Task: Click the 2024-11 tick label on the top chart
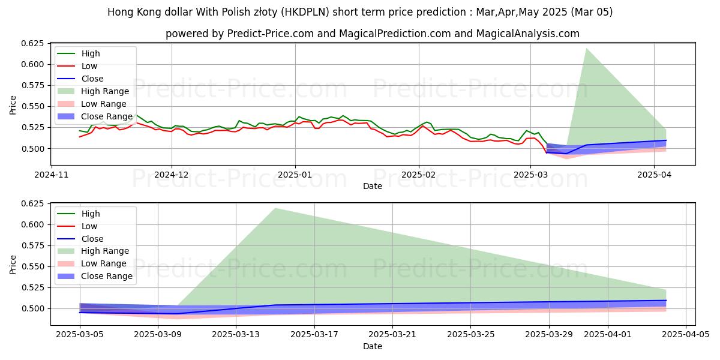(x=51, y=175)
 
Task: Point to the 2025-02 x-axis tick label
(x=418, y=175)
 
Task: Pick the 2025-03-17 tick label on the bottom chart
(x=314, y=335)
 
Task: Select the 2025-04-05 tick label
(x=685, y=335)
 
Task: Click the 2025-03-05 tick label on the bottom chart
(x=80, y=335)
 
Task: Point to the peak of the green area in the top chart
(x=586, y=48)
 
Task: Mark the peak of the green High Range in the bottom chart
(x=275, y=208)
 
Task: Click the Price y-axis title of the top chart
(x=13, y=106)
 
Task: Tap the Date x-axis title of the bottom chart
(x=372, y=346)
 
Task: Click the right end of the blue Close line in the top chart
(x=666, y=140)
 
